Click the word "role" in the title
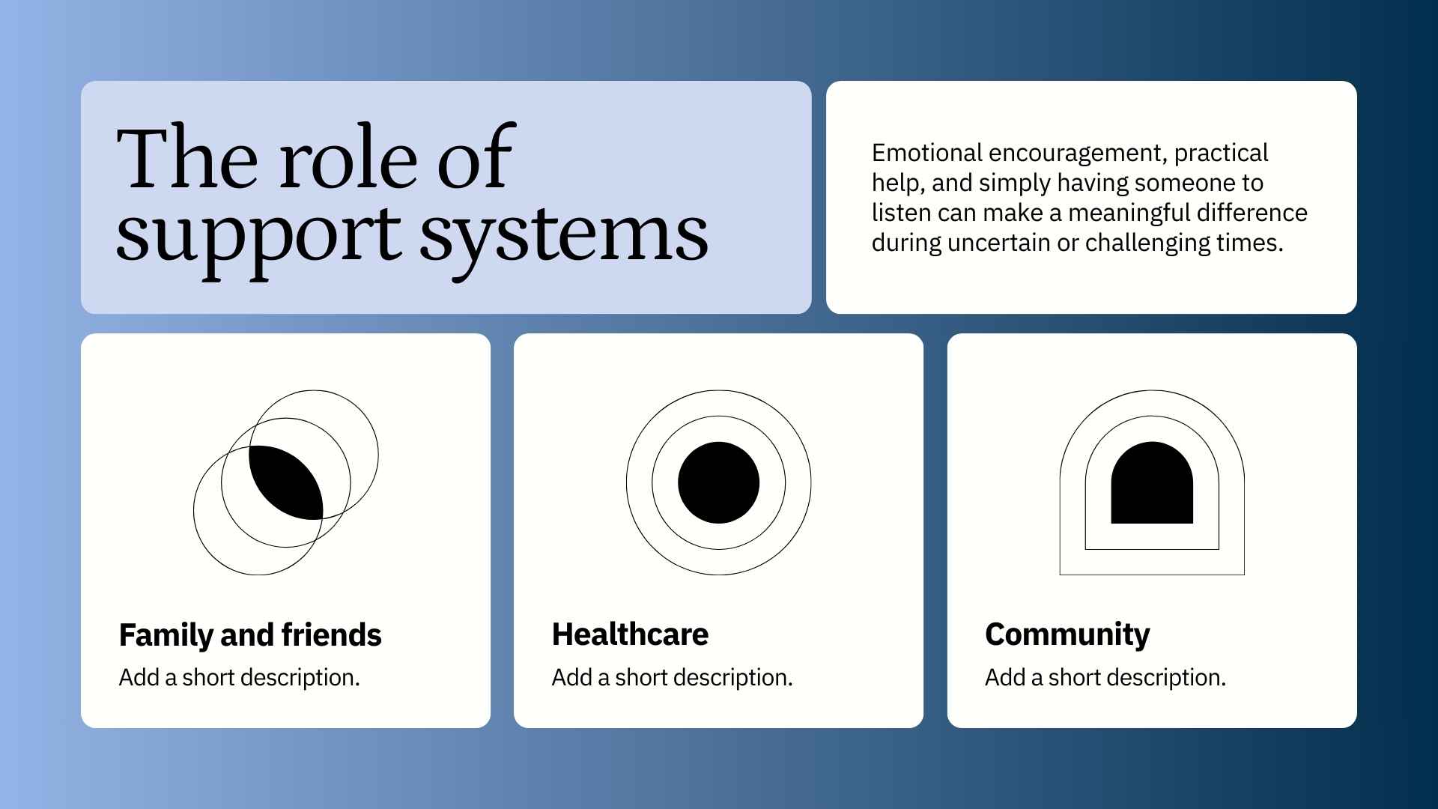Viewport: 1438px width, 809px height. pos(348,159)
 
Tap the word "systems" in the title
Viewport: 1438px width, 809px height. pos(563,234)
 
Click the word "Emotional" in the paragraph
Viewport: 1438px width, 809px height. pos(926,153)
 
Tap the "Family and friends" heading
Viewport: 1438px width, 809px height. pos(250,635)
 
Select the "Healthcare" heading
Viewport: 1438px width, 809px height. pos(630,634)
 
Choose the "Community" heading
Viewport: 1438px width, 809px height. pos(1067,634)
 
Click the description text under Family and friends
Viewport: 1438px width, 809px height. pos(240,677)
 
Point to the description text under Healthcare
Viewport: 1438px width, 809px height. pos(672,677)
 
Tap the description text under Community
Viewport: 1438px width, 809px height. pos(1105,677)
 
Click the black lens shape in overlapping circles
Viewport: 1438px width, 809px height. pos(286,482)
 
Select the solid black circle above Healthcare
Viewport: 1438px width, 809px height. pos(718,482)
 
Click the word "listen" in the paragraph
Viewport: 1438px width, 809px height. pos(897,213)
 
